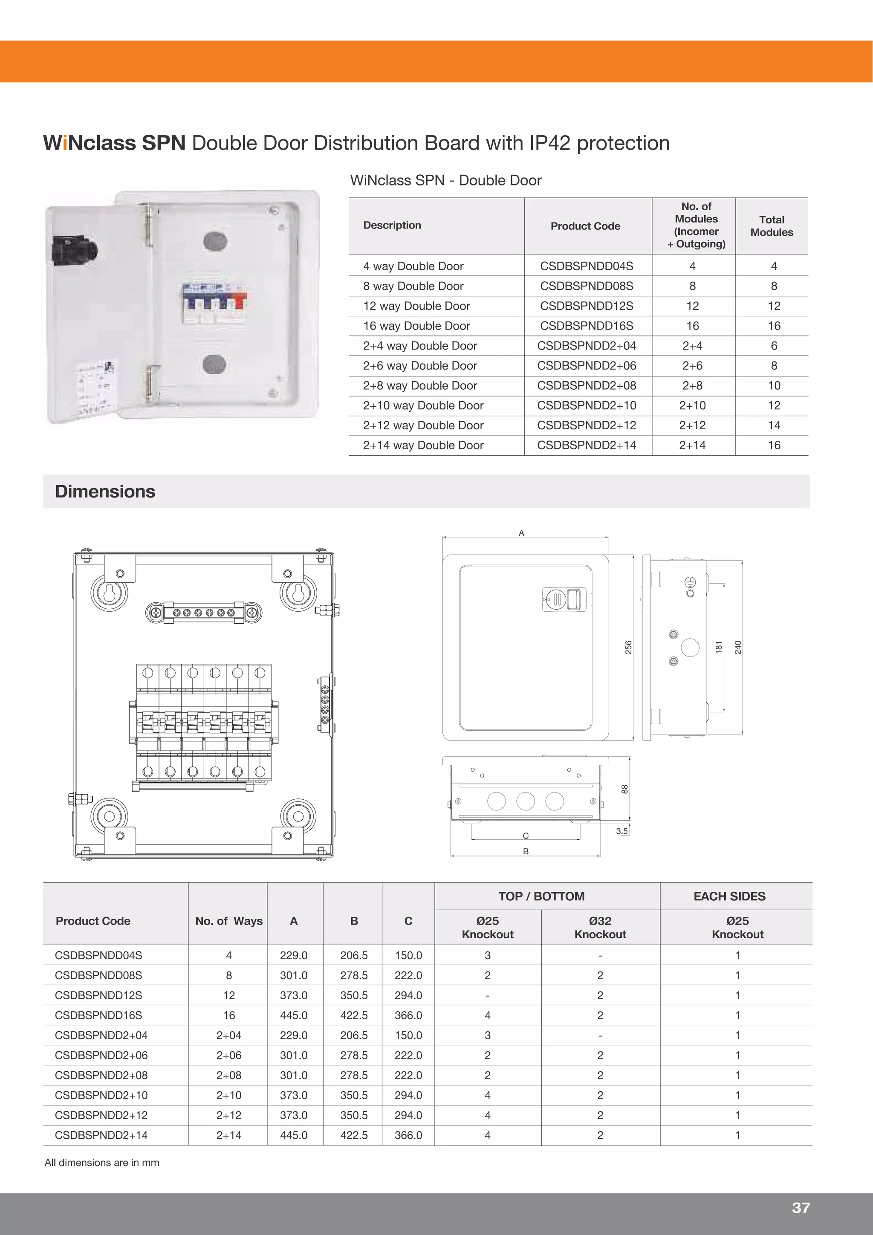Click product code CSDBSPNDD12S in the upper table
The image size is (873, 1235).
(586, 306)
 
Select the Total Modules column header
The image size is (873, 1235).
(772, 226)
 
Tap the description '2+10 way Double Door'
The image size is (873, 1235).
(423, 405)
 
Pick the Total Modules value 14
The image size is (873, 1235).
(774, 425)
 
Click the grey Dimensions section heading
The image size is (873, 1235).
(105, 491)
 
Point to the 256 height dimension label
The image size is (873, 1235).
(628, 648)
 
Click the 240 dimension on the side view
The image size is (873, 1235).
(738, 647)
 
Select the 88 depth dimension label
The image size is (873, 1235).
(624, 789)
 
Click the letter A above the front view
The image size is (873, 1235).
(521, 533)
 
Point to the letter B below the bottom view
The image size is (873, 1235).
(526, 851)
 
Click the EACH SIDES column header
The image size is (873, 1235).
(729, 896)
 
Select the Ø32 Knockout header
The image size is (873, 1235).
(600, 927)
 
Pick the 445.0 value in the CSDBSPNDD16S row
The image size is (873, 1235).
(293, 1015)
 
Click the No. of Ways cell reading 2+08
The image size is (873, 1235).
(228, 1075)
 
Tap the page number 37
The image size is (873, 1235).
(801, 1208)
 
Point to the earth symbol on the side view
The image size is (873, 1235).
(690, 581)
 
